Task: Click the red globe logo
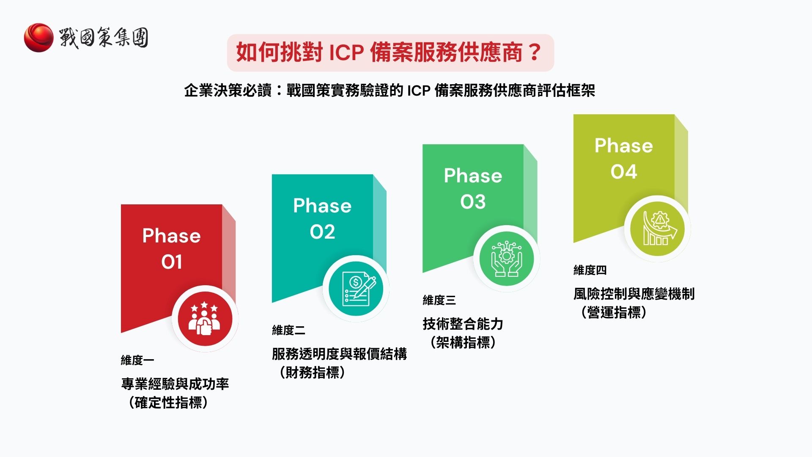tap(38, 37)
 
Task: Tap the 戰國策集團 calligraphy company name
tap(104, 38)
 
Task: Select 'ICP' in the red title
tap(346, 53)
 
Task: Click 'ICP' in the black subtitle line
tap(418, 91)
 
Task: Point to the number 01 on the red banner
tap(171, 262)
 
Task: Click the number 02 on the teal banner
tap(322, 232)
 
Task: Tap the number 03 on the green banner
tap(473, 202)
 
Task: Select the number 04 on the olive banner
tap(623, 172)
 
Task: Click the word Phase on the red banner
tap(171, 236)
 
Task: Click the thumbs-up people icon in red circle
tap(205, 319)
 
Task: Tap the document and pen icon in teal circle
tap(356, 289)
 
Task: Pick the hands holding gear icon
tap(506, 259)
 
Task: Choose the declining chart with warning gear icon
tap(657, 228)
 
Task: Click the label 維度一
tap(137, 360)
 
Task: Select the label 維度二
tap(288, 330)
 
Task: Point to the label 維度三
tap(439, 300)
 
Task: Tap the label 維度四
tap(590, 270)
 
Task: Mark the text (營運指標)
tap(614, 312)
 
